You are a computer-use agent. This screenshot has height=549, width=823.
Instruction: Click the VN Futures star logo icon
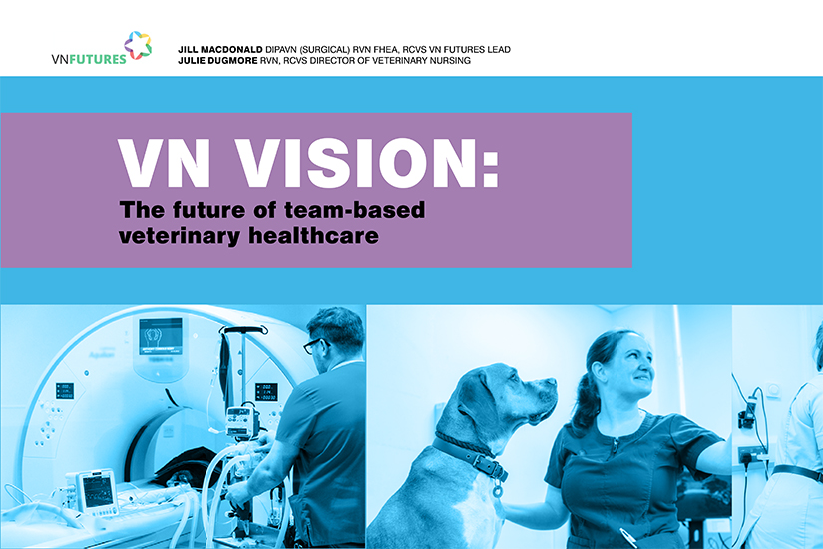pyautogui.click(x=139, y=45)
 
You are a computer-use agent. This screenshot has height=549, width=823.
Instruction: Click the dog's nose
pyautogui.click(x=552, y=384)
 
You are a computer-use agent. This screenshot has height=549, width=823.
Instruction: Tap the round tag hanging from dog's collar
pyautogui.click(x=496, y=491)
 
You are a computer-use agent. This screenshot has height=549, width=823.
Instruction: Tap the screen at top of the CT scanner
pyautogui.click(x=160, y=336)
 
